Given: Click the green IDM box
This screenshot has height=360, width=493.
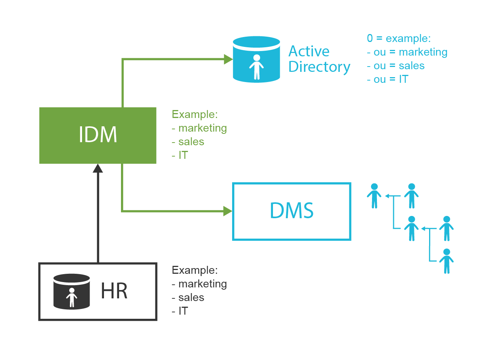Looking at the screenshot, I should pos(98,135).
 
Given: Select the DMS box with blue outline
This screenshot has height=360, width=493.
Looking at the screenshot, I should pos(291,211).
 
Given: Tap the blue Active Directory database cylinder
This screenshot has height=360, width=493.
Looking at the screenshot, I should pos(256,59).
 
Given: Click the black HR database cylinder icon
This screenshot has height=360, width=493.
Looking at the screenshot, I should pos(71,292).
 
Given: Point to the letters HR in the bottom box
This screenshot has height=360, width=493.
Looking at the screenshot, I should pos(114,291).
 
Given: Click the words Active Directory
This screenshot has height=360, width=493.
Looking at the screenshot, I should pos(319,59).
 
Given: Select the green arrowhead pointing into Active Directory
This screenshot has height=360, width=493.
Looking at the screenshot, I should pos(228,59).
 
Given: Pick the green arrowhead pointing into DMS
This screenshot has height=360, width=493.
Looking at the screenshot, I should pos(228,211).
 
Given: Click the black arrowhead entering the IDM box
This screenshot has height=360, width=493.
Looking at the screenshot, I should pos(98,169).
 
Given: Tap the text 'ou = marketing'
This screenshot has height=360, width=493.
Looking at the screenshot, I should pos(410,52).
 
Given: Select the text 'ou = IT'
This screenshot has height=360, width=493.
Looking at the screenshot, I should pos(391,79).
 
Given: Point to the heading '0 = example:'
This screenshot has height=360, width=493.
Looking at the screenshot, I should pos(398,39).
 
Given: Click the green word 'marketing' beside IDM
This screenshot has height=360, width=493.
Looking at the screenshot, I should pos(202,128).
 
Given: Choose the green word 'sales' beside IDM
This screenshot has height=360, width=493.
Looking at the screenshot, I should pos(191,142).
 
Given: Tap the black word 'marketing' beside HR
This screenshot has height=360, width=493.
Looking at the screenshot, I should pos(202,284).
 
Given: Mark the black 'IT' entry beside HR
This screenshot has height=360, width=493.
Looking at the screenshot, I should pos(183,311).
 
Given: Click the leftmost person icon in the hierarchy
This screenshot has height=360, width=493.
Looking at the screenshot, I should pos(374,196).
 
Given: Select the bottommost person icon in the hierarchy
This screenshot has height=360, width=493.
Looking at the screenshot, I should pos(446,261).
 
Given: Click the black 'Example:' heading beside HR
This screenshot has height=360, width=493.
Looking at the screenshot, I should pos(194,270).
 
